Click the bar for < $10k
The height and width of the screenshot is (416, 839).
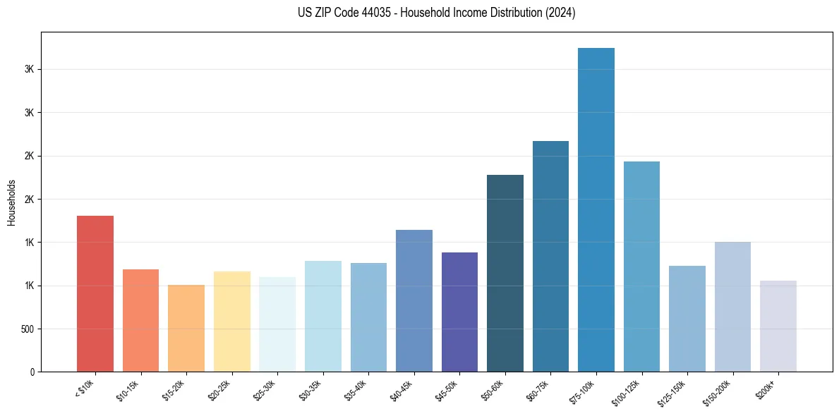95,294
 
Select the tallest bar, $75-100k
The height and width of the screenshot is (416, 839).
596,210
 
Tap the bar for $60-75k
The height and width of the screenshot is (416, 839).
550,257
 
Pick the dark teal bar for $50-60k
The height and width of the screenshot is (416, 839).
505,274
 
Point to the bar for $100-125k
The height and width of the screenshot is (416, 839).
641,267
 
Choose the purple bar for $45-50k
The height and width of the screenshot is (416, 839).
459,312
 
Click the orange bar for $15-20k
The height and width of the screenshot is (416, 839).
186,329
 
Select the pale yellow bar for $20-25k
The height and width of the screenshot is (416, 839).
232,322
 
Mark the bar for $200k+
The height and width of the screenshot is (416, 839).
778,326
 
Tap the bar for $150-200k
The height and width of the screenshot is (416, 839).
732,307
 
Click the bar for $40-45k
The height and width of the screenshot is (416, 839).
414,301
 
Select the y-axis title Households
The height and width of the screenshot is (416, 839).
11,202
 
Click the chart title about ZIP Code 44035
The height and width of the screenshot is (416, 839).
419,13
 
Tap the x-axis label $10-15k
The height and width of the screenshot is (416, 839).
128,391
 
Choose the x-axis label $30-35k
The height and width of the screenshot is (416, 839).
310,391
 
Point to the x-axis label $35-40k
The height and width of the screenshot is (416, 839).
356,391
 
